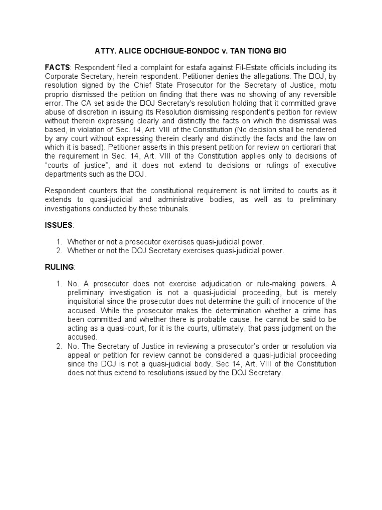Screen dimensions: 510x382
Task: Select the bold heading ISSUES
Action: (x=58, y=225)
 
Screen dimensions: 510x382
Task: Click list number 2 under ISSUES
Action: (x=59, y=251)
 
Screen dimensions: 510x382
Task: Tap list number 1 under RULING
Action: (x=59, y=283)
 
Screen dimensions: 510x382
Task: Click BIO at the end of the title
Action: (x=280, y=51)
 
